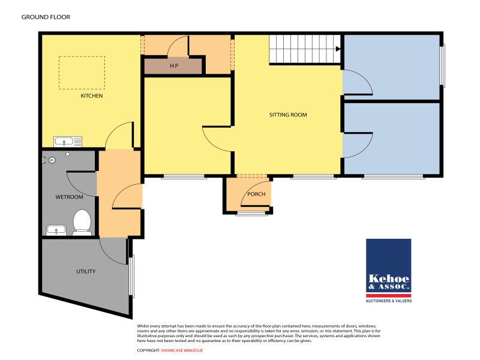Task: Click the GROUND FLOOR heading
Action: [46, 17]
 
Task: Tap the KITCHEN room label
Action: [92, 96]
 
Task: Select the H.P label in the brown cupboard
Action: [173, 65]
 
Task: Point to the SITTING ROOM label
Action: [288, 114]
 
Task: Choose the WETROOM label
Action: [69, 197]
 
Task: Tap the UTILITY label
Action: [86, 271]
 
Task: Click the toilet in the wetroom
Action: [81, 221]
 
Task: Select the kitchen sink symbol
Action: [67, 142]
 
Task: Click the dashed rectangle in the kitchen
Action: [82, 73]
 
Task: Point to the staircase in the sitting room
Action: [303, 49]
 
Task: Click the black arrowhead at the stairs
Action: [339, 49]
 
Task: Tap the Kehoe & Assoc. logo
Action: [388, 266]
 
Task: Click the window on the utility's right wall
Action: [132, 276]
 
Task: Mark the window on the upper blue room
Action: [443, 65]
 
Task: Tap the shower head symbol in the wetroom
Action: [52, 160]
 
